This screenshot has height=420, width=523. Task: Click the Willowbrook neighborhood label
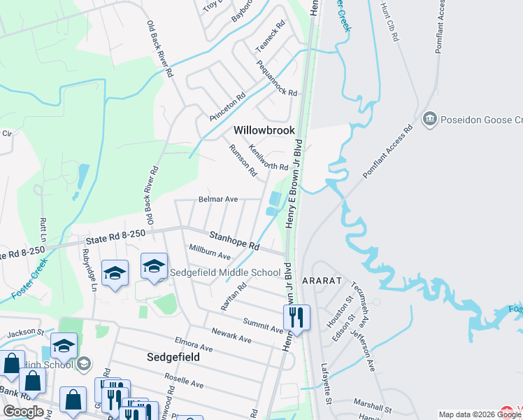point(264,130)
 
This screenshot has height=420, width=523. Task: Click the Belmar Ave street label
point(218,199)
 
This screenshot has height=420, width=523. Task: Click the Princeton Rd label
point(228,106)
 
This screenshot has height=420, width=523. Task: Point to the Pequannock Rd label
point(277,78)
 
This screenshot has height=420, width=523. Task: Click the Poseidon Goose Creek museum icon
point(429,120)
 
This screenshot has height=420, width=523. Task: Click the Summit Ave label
point(262,325)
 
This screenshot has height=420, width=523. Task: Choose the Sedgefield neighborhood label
point(174,356)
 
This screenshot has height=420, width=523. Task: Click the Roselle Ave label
point(184,380)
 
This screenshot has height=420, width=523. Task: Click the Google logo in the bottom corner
point(23,412)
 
